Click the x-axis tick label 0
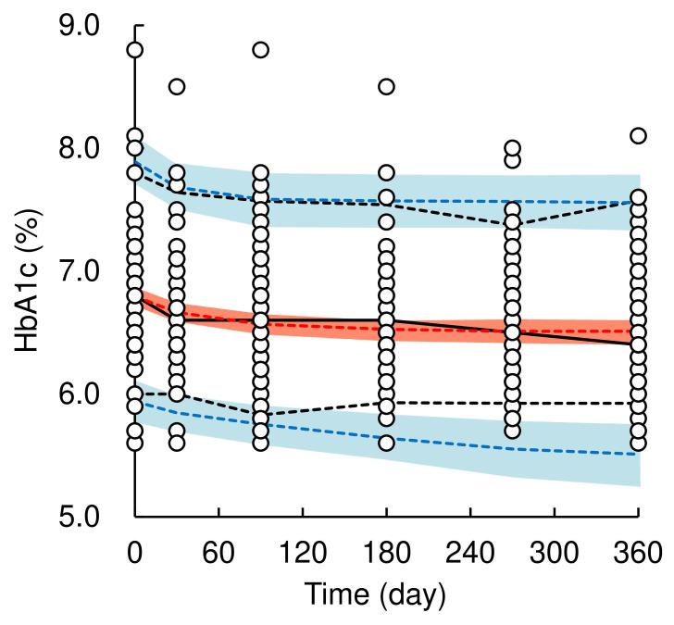tap(135, 554)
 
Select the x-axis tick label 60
tap(218, 554)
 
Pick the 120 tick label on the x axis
tap(303, 554)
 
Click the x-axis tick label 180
tap(386, 554)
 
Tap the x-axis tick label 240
tap(470, 554)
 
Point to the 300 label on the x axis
tap(554, 554)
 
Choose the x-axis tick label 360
tap(637, 554)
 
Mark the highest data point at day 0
tap(135, 50)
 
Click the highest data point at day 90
tap(261, 50)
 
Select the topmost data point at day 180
tap(386, 87)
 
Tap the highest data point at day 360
tap(637, 136)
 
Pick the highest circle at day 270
tap(512, 148)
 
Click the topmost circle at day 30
tap(177, 87)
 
